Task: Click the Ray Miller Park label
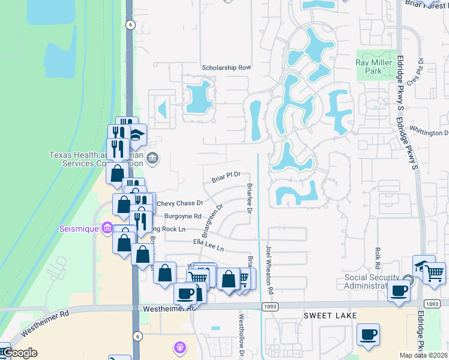coord(377,67)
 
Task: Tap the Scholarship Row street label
coord(226,68)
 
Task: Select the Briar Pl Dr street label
coord(226,176)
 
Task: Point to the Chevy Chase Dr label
coord(180,204)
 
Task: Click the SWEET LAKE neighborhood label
coord(330,316)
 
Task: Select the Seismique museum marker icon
coord(107,228)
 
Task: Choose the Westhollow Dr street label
coord(241,336)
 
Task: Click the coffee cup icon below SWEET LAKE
coord(368,334)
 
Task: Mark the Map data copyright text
coord(424,355)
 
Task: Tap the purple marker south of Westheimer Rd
coord(179,347)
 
